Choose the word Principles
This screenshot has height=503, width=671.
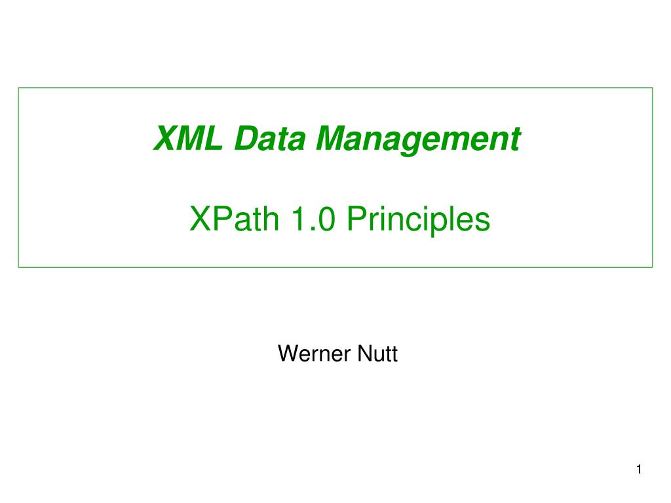[x=418, y=221]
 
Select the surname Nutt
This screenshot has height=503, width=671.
[x=377, y=354]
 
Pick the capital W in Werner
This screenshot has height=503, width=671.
[x=288, y=354]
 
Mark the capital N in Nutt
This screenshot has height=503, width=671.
[x=363, y=354]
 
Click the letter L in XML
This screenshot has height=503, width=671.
[x=212, y=138]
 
